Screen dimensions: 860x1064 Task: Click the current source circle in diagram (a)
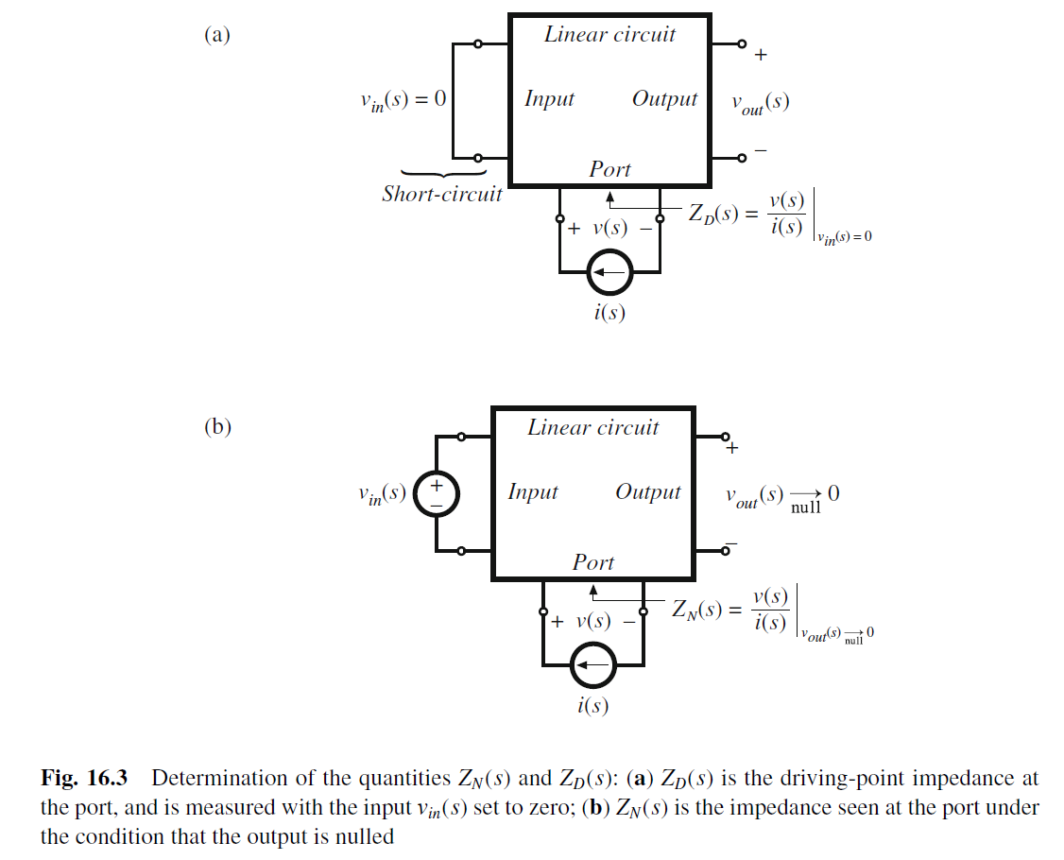609,274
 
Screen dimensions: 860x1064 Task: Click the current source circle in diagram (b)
592,666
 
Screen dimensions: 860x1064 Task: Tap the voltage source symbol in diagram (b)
436,493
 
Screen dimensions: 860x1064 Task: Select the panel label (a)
217,35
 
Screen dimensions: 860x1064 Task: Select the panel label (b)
217,426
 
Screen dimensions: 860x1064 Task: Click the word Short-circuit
442,194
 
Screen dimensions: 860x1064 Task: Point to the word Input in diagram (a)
549,99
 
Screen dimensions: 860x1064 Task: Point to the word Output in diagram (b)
647,492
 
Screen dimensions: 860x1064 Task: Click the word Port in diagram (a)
609,169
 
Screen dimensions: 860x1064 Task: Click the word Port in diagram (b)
592,562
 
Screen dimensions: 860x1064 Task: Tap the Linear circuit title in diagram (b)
592,427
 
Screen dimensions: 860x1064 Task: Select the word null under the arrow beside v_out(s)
805,508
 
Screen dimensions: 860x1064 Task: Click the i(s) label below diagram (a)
609,313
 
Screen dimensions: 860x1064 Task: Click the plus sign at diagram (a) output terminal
761,56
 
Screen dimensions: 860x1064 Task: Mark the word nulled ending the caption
364,837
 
